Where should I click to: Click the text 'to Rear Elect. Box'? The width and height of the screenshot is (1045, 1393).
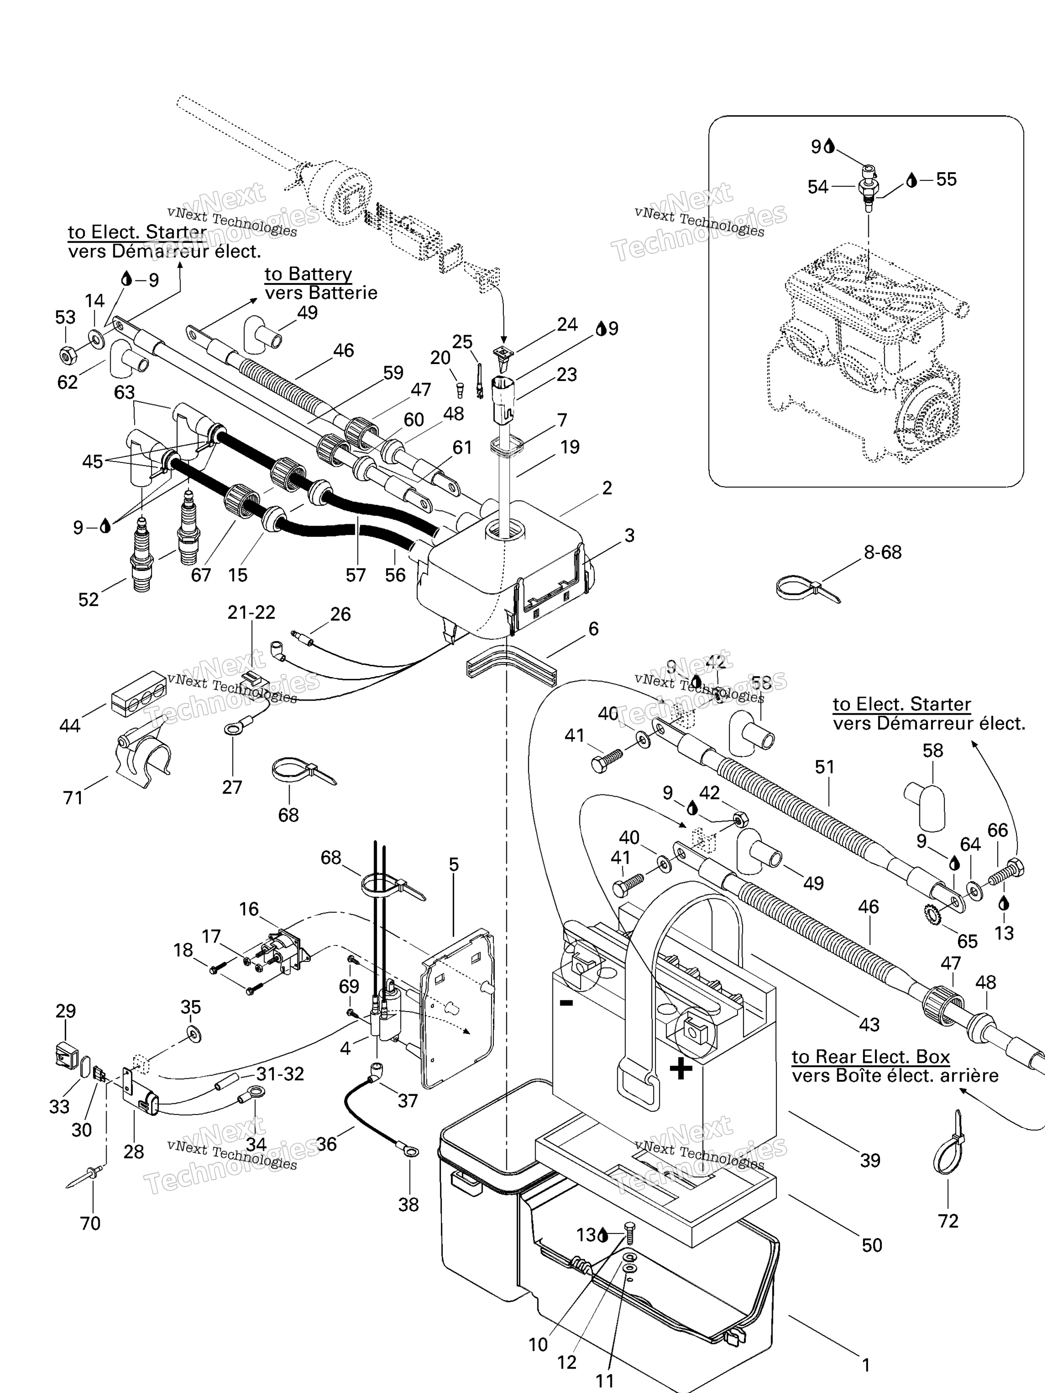point(870,1056)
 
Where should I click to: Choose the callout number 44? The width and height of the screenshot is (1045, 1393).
point(69,726)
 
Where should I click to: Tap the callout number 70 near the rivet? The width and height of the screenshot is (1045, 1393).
point(90,1223)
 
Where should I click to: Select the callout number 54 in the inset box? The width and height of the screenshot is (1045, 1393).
point(818,187)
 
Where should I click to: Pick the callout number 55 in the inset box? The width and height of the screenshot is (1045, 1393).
point(946,180)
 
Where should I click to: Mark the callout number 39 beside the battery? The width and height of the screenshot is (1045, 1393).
point(870,1160)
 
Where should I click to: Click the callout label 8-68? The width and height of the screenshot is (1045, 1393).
point(883,552)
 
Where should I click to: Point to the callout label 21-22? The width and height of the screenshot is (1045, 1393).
point(251,612)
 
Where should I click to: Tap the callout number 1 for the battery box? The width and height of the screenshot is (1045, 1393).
point(866,1365)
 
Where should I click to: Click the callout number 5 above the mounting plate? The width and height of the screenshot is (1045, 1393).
point(454,865)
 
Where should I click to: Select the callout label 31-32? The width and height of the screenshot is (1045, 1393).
point(280,1074)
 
